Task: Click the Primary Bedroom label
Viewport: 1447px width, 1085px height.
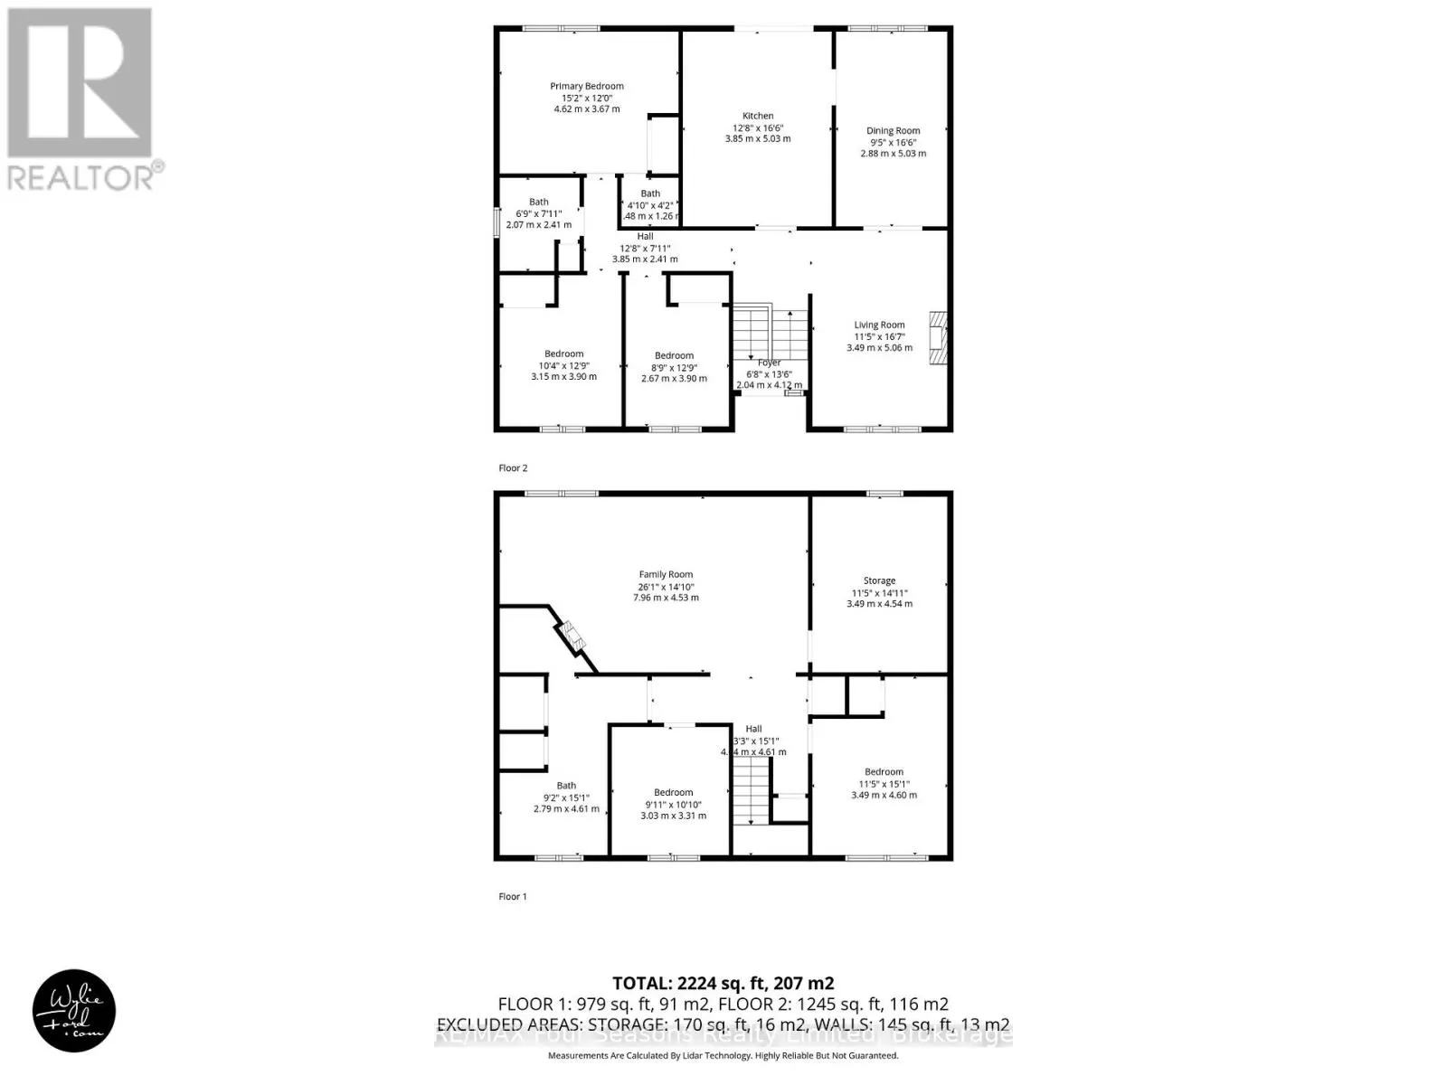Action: [587, 87]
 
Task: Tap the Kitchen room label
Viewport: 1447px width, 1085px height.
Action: [758, 116]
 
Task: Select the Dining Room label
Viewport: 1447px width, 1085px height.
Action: [893, 131]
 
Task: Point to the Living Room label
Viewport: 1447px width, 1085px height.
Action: [879, 325]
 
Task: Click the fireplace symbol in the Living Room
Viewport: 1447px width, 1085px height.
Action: [937, 340]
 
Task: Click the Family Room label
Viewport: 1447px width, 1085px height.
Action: [666, 575]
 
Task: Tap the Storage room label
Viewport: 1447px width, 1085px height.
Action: [879, 581]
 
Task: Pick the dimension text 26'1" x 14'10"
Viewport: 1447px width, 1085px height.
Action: [666, 587]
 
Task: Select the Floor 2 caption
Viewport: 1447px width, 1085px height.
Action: [513, 468]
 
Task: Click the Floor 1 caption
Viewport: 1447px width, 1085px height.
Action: [513, 897]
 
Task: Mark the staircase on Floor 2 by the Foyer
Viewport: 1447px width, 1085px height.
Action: [769, 335]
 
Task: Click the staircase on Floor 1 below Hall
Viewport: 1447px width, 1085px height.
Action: [750, 791]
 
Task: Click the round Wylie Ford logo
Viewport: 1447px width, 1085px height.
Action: [74, 1010]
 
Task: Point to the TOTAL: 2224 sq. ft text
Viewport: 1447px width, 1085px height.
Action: [723, 984]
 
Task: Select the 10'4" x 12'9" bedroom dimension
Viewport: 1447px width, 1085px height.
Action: [563, 365]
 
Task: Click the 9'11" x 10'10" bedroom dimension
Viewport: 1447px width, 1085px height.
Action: [673, 805]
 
